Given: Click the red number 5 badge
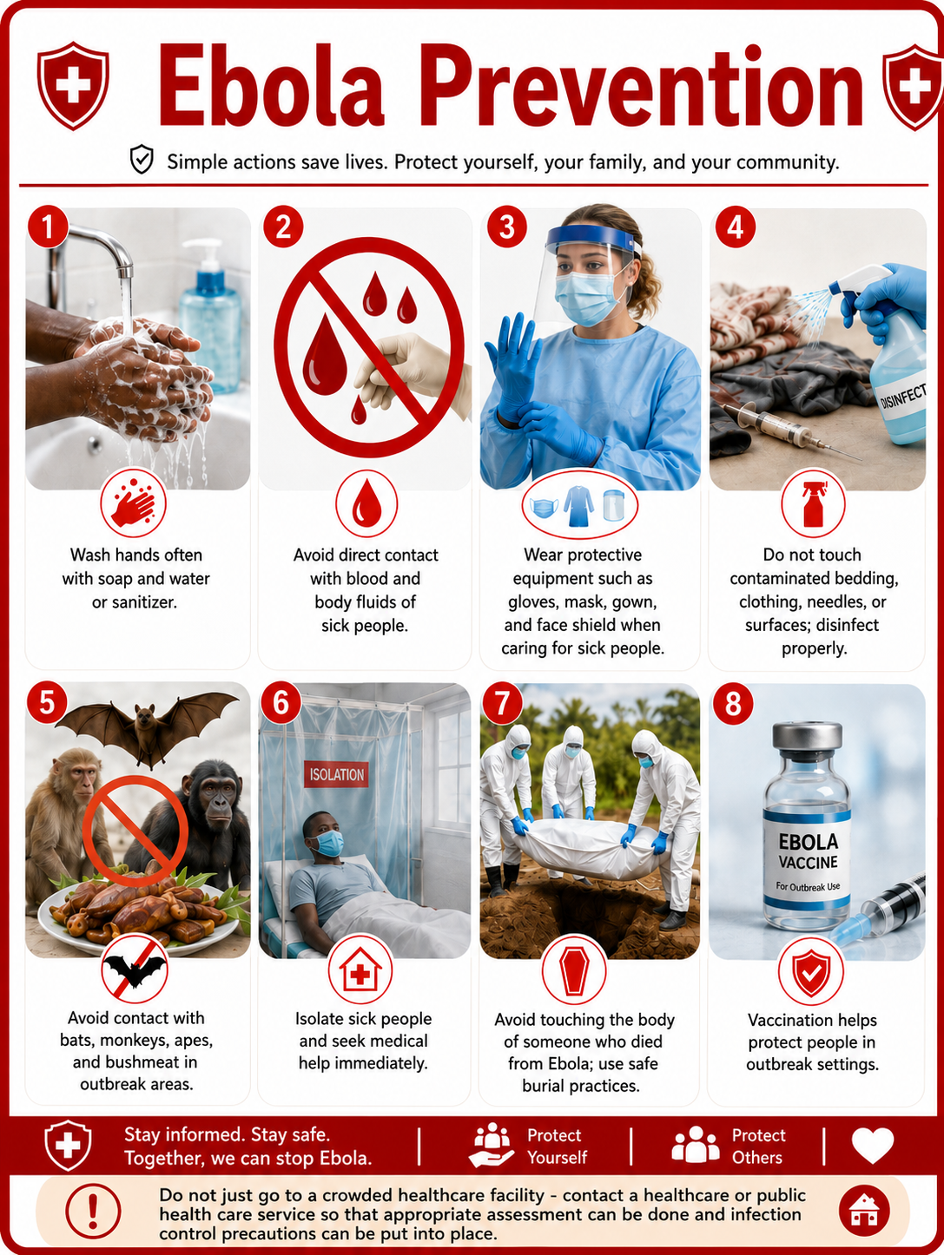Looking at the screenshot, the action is [48, 701].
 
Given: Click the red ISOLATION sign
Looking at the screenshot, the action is [336, 774].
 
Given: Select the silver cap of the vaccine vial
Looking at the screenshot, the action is [808, 736].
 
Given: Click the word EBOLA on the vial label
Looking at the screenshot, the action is [809, 841].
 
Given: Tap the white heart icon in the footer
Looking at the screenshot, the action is [873, 1146].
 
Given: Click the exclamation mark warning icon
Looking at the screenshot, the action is [93, 1211].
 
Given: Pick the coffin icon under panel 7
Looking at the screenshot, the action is [574, 972].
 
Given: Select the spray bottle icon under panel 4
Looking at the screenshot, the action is [813, 503].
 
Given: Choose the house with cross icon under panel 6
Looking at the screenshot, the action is [360, 970].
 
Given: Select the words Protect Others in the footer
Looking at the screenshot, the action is [758, 1146].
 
